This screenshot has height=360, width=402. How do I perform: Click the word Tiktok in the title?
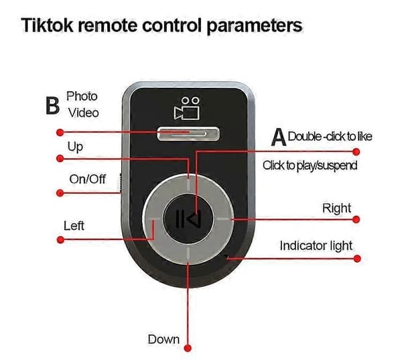tap(47, 25)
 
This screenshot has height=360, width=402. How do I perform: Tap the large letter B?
tap(52, 105)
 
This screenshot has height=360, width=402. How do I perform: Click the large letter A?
tap(279, 137)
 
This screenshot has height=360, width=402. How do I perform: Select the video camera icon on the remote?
tap(187, 109)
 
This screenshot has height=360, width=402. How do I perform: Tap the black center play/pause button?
tap(188, 219)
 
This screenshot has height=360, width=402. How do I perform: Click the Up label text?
tap(75, 147)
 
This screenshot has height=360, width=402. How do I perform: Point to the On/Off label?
tap(87, 179)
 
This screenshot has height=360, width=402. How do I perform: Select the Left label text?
tap(74, 225)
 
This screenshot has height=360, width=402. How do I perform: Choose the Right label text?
tap(336, 208)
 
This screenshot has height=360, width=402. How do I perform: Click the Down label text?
tap(163, 339)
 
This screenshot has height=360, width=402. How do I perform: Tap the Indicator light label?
tap(316, 245)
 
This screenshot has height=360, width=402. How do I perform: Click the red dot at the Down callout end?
tap(188, 348)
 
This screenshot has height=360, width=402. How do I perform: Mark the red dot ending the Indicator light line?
tap(357, 258)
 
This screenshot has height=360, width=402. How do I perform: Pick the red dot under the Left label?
tap(60, 240)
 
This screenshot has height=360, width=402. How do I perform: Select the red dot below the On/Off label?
tap(60, 192)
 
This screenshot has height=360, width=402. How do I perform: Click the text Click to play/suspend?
tap(310, 166)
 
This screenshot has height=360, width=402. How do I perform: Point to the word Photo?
tap(82, 97)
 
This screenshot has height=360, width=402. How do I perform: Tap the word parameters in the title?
tap(255, 26)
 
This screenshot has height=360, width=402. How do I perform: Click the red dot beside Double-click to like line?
tap(356, 152)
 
